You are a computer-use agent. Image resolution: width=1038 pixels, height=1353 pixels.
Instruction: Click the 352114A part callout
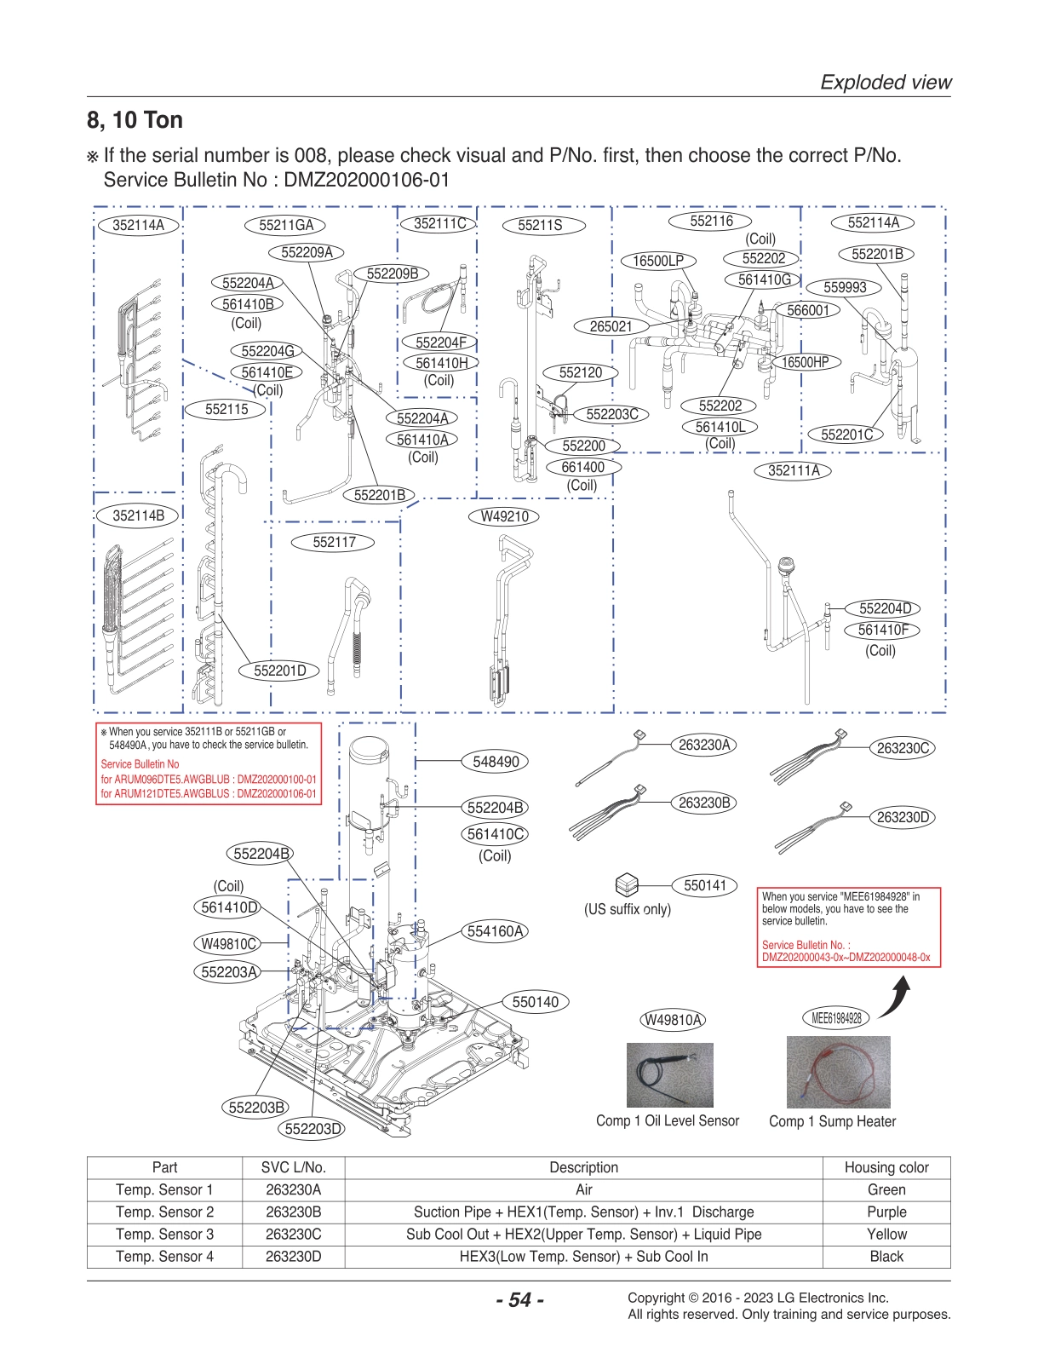point(138,225)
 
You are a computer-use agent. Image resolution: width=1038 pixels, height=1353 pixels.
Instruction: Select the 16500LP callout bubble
point(657,261)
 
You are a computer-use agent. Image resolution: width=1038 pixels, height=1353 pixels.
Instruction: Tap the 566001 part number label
point(807,310)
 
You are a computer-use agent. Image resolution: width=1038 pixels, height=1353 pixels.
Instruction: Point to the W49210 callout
point(504,516)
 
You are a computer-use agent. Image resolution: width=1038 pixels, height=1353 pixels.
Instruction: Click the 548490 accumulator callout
point(496,762)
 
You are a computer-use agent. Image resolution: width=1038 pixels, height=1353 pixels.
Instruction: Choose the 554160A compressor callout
point(495,931)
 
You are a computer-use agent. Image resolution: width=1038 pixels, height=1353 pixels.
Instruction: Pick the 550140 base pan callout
point(535,1002)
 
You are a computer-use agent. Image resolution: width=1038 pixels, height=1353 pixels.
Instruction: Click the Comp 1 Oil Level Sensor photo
point(669,1075)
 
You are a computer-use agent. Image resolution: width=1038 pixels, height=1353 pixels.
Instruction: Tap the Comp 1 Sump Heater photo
point(838,1072)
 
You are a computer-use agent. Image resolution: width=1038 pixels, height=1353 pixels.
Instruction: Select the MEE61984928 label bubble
point(836,1017)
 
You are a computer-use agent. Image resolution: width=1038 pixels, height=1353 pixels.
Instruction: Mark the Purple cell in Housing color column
point(886,1212)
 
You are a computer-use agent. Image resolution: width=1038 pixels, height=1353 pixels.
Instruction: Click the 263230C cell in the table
point(293,1234)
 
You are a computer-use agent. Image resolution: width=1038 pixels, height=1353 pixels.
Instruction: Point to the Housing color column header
point(886,1167)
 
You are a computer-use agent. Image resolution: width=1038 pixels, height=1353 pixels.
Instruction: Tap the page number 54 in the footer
point(519,1300)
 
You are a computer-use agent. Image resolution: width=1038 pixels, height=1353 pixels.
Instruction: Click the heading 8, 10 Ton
point(135,120)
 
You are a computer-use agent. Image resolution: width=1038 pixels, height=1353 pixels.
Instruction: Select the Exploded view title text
point(886,83)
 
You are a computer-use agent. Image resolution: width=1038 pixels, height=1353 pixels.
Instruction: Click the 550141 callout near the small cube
point(705,885)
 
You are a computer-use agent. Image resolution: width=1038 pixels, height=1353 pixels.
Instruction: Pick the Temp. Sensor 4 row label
point(164,1256)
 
